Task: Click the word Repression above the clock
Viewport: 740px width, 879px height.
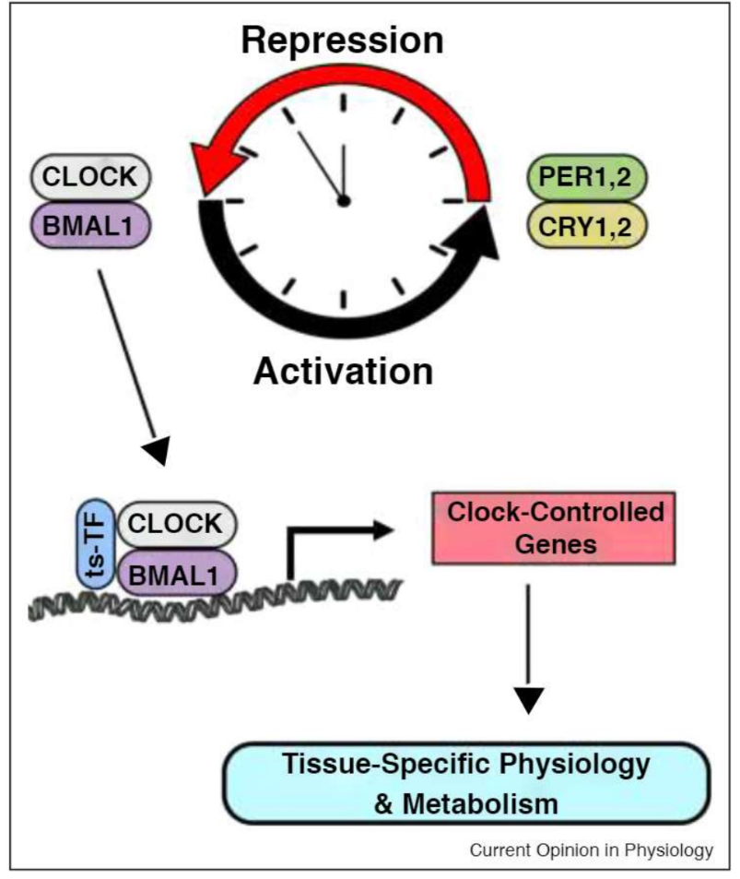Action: [343, 41]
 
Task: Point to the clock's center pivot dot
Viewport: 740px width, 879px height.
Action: [344, 200]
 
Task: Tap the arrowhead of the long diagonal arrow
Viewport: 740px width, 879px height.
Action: [159, 449]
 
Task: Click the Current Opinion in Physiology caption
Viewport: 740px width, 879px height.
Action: [591, 850]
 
